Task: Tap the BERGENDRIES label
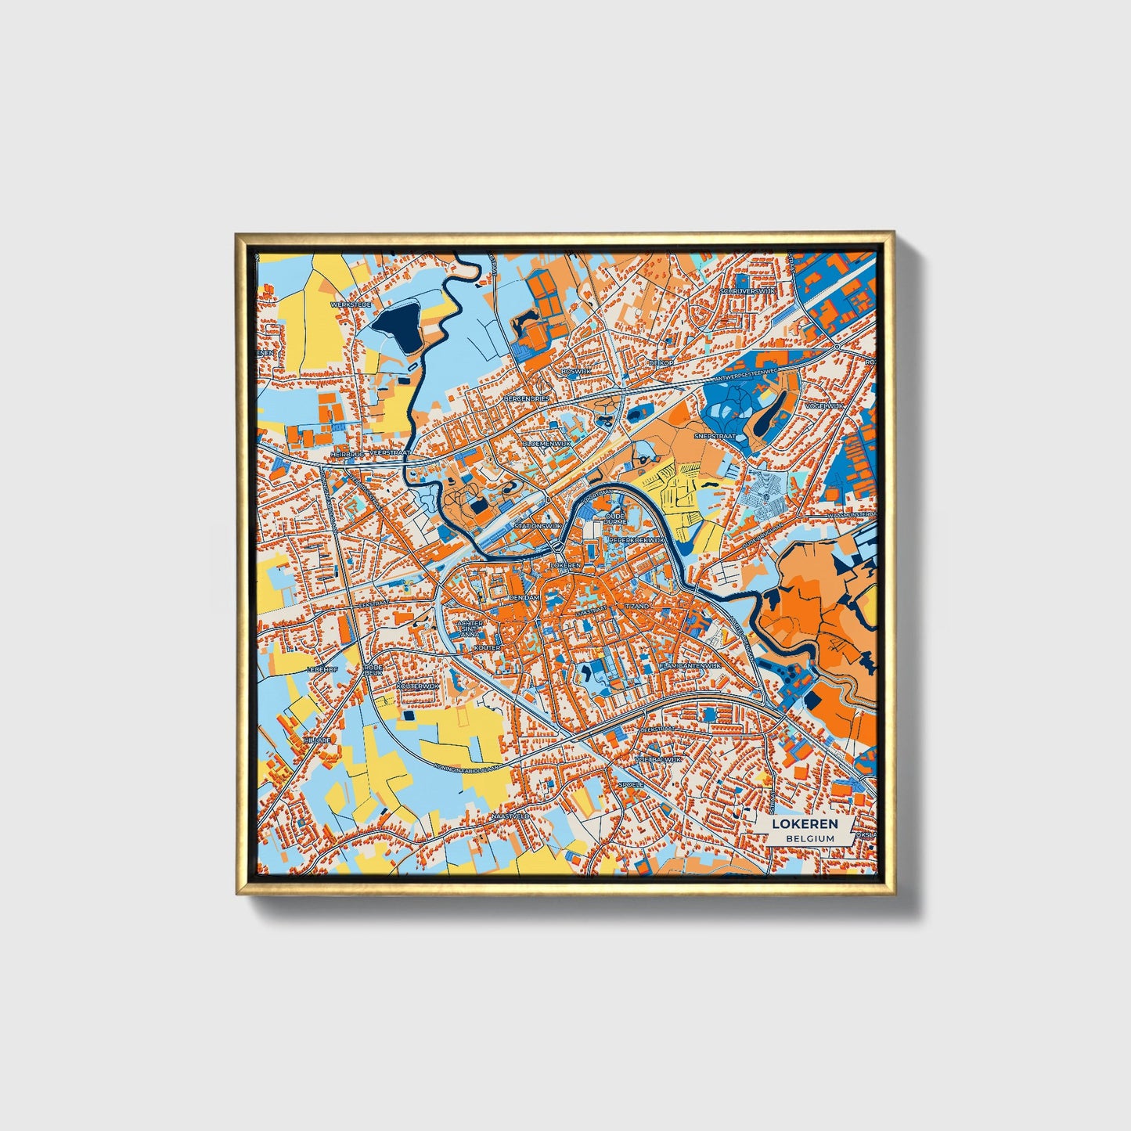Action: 528,398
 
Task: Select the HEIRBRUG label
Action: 345,452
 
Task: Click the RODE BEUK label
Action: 373,670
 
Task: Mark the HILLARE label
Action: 319,739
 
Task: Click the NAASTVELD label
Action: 510,816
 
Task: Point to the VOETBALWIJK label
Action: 658,759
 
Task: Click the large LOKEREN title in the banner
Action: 805,823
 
